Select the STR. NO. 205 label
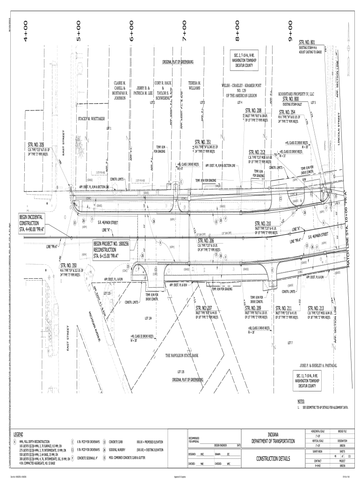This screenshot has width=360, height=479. click(x=36, y=145)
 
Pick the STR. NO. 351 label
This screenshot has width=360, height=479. click(x=202, y=142)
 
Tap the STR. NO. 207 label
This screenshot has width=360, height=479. click(x=204, y=308)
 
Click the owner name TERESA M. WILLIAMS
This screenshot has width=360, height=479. click(x=194, y=85)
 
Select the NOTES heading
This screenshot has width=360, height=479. click(x=301, y=401)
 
